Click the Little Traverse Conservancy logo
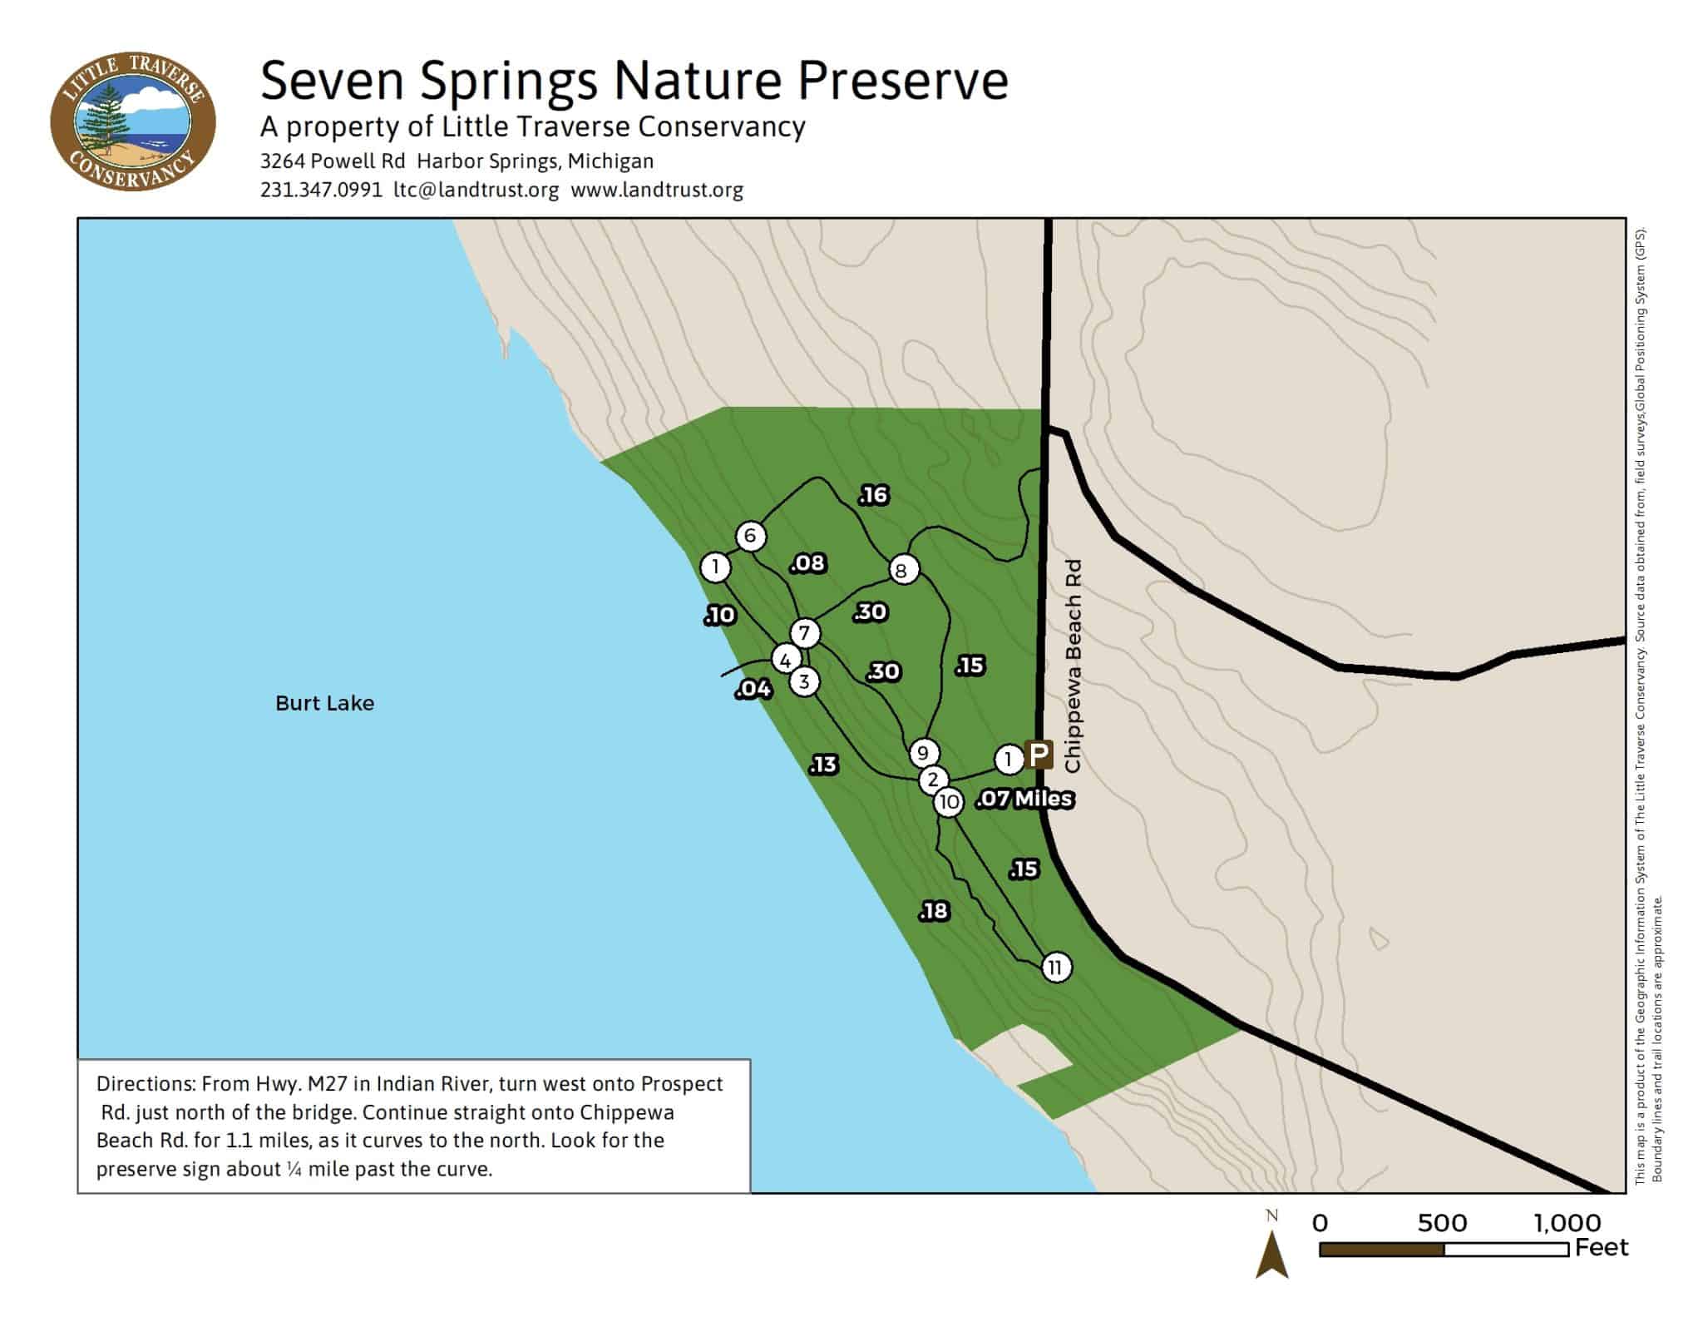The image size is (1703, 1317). click(133, 121)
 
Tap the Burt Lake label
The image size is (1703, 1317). click(324, 703)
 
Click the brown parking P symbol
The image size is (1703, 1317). click(1039, 755)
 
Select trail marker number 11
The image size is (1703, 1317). click(1055, 967)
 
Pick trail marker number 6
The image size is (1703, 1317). click(750, 536)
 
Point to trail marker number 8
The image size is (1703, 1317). click(902, 571)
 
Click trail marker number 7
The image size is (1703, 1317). click(804, 633)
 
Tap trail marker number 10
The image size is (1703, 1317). click(948, 802)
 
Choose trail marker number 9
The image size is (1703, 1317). click(923, 754)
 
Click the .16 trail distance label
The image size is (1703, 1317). click(874, 496)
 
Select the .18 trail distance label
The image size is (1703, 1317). click(934, 911)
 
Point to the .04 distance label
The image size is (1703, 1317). click(753, 689)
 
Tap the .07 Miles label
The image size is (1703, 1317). click(1025, 800)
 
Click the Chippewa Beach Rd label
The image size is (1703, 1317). click(1073, 666)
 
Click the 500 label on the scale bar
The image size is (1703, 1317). click(1442, 1223)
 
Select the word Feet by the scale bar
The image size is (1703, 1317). click(1602, 1248)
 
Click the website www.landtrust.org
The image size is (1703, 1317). click(657, 190)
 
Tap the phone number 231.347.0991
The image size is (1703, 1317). click(321, 190)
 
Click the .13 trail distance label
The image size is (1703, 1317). click(823, 765)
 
